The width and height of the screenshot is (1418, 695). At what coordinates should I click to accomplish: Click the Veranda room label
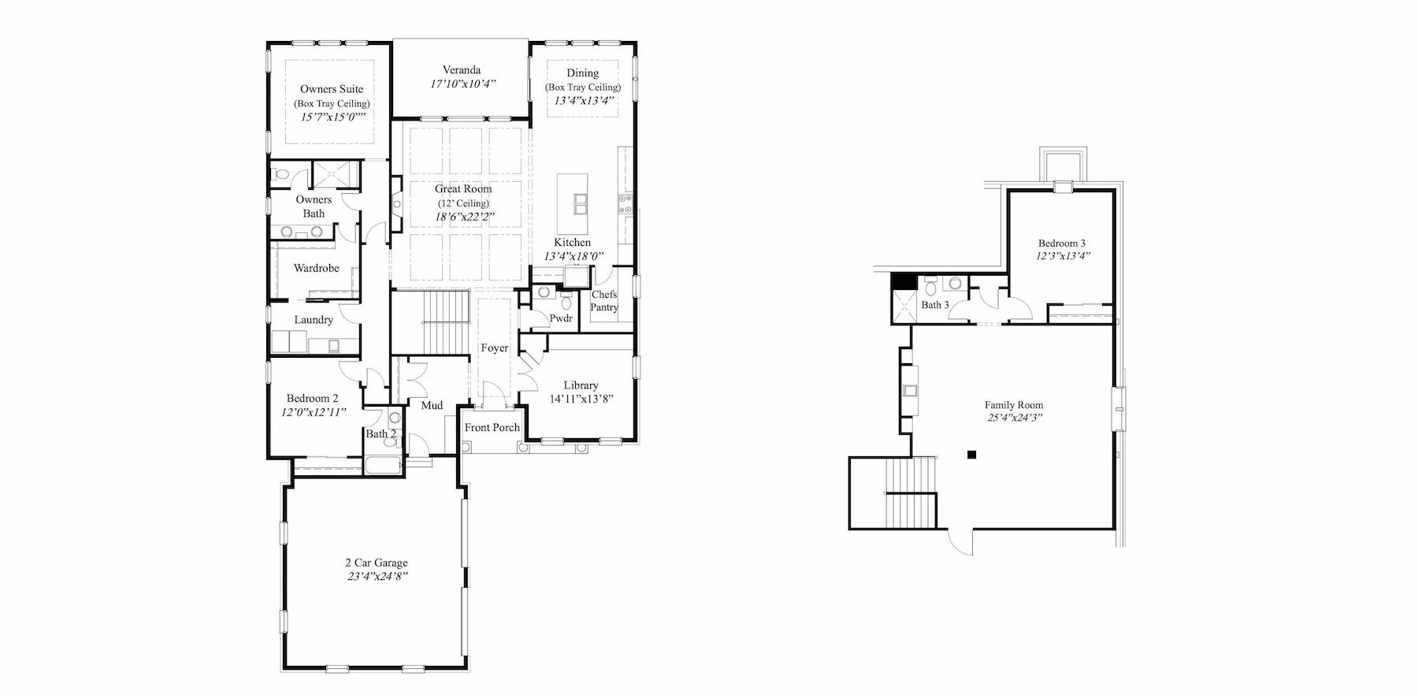pyautogui.click(x=461, y=70)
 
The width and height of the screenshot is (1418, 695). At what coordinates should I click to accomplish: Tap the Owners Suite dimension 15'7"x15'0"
pyautogui.click(x=332, y=117)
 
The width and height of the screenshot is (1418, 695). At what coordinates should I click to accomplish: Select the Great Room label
pyautogui.click(x=463, y=189)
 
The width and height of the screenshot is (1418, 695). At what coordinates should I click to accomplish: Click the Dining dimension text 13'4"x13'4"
pyautogui.click(x=584, y=101)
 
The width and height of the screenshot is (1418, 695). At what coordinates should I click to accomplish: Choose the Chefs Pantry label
pyautogui.click(x=604, y=301)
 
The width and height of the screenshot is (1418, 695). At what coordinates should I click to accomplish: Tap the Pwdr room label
pyautogui.click(x=561, y=319)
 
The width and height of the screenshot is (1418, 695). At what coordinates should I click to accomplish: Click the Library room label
pyautogui.click(x=581, y=385)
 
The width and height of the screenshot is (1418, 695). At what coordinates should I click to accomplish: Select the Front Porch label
pyautogui.click(x=492, y=428)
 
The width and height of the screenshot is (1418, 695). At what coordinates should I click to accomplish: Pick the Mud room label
pyautogui.click(x=432, y=406)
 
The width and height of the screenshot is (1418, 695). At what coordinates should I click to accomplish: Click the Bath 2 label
pyautogui.click(x=380, y=433)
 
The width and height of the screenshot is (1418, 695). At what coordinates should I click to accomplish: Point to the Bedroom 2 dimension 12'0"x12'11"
pyautogui.click(x=313, y=411)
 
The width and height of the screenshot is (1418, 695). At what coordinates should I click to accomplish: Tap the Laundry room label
pyautogui.click(x=314, y=320)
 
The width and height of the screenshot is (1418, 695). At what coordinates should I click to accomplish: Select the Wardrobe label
pyautogui.click(x=316, y=269)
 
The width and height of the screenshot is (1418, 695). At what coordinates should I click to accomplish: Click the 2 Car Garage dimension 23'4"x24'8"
pyautogui.click(x=377, y=576)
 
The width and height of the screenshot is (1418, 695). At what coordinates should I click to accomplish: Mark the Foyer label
pyautogui.click(x=495, y=348)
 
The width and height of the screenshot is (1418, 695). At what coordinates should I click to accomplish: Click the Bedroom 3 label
pyautogui.click(x=1062, y=243)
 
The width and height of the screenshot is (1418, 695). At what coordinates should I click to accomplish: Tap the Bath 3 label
pyautogui.click(x=935, y=305)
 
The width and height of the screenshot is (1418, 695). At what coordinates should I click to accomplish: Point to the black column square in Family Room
pyautogui.click(x=973, y=454)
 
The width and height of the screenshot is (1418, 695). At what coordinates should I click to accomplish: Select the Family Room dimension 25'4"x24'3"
pyautogui.click(x=1014, y=418)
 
